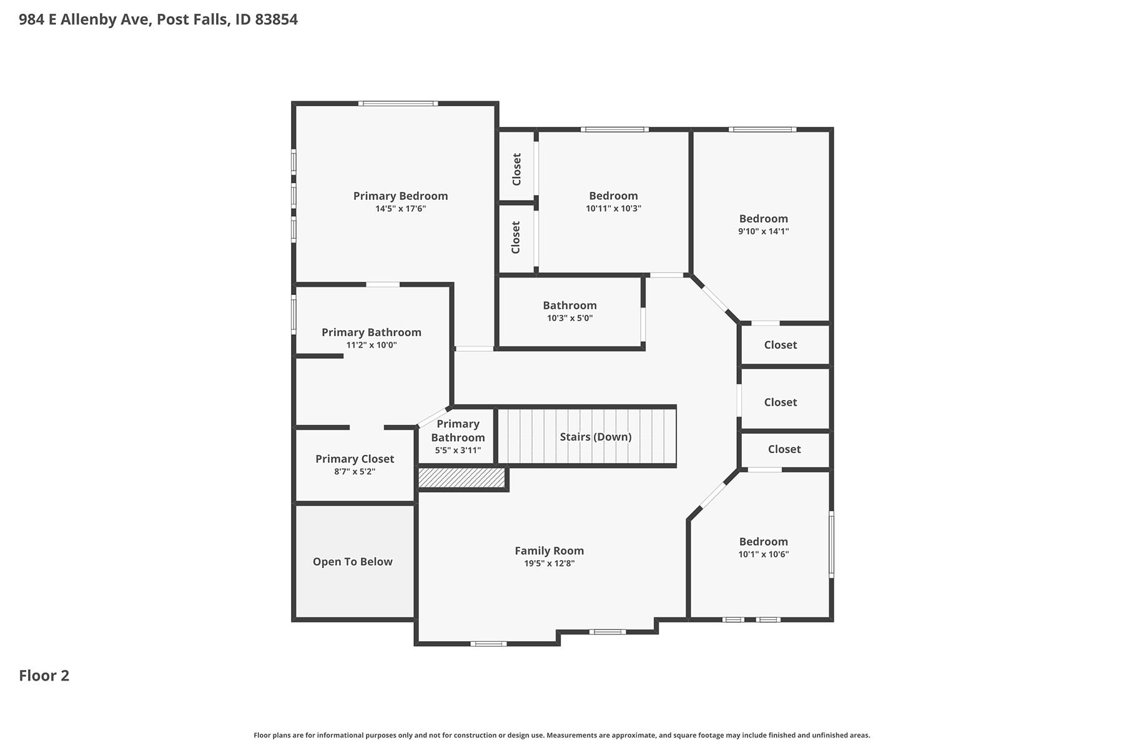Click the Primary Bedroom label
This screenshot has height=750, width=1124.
point(400,196)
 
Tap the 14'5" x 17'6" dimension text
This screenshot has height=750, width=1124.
point(400,209)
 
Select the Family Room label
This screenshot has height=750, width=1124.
point(550,551)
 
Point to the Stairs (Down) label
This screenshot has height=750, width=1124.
point(596,437)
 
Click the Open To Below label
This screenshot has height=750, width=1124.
point(353,562)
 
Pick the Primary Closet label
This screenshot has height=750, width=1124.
point(355,459)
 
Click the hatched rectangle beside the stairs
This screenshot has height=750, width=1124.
point(461,477)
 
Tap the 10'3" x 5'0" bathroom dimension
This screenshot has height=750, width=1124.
point(569,318)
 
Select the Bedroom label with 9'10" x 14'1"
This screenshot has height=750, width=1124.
point(764,219)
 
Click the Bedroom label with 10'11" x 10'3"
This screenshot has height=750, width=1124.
point(613,196)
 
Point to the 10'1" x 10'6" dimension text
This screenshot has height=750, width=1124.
point(764,554)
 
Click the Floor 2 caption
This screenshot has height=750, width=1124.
point(44,676)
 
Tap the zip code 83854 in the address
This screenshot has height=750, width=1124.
point(277,19)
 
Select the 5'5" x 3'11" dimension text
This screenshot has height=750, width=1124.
point(458,451)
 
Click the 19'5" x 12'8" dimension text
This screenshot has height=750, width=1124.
point(550,564)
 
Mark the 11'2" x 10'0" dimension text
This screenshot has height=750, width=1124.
point(372,345)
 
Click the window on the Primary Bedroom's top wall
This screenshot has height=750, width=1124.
point(398,103)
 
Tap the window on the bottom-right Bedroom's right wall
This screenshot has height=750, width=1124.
point(831,544)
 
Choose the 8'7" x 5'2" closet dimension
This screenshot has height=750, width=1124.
point(355,472)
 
